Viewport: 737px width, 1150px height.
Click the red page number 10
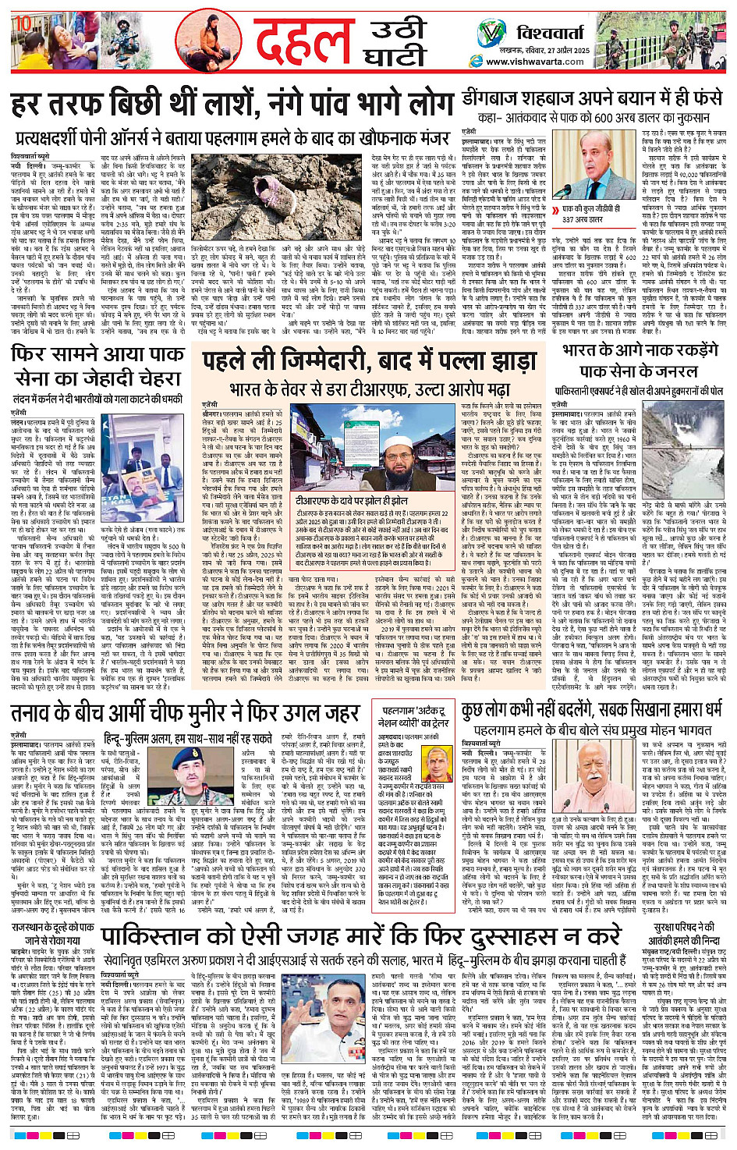[23, 23]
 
